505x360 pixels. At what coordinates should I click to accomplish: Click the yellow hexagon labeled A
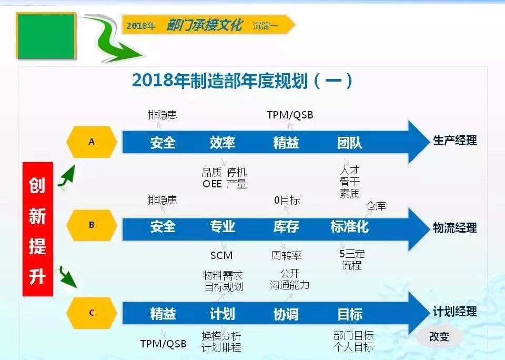pyautogui.click(x=92, y=142)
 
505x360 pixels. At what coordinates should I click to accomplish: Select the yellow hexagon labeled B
pyautogui.click(x=92, y=225)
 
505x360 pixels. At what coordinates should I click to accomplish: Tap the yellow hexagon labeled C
pyautogui.click(x=92, y=313)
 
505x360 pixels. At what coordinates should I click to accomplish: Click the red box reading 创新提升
pyautogui.click(x=38, y=229)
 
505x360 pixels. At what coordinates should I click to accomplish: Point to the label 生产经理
pyautogui.click(x=454, y=141)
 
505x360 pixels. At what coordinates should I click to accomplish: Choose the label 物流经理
pyautogui.click(x=454, y=228)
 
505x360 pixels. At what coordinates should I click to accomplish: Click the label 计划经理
pyautogui.click(x=454, y=312)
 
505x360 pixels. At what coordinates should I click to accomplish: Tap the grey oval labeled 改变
pyautogui.click(x=439, y=337)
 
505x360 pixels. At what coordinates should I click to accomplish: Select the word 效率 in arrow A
pyautogui.click(x=223, y=143)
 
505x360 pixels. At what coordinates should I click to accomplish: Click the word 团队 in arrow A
pyautogui.click(x=350, y=143)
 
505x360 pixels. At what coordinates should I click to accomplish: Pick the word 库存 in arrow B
pyautogui.click(x=286, y=226)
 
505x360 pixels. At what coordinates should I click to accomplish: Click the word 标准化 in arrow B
pyautogui.click(x=350, y=226)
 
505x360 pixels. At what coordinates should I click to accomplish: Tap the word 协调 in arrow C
pyautogui.click(x=286, y=314)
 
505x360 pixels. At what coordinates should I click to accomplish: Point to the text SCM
pyautogui.click(x=221, y=256)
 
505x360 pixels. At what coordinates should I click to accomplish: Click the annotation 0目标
pyautogui.click(x=287, y=200)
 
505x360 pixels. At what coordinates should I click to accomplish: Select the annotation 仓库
pyautogui.click(x=376, y=206)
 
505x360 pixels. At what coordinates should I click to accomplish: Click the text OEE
pyautogui.click(x=212, y=184)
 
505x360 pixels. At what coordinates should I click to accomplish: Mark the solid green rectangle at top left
pyautogui.click(x=46, y=36)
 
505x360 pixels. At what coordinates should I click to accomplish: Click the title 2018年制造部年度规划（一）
pyautogui.click(x=242, y=81)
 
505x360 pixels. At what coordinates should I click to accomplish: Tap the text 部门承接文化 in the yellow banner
pyautogui.click(x=204, y=25)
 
